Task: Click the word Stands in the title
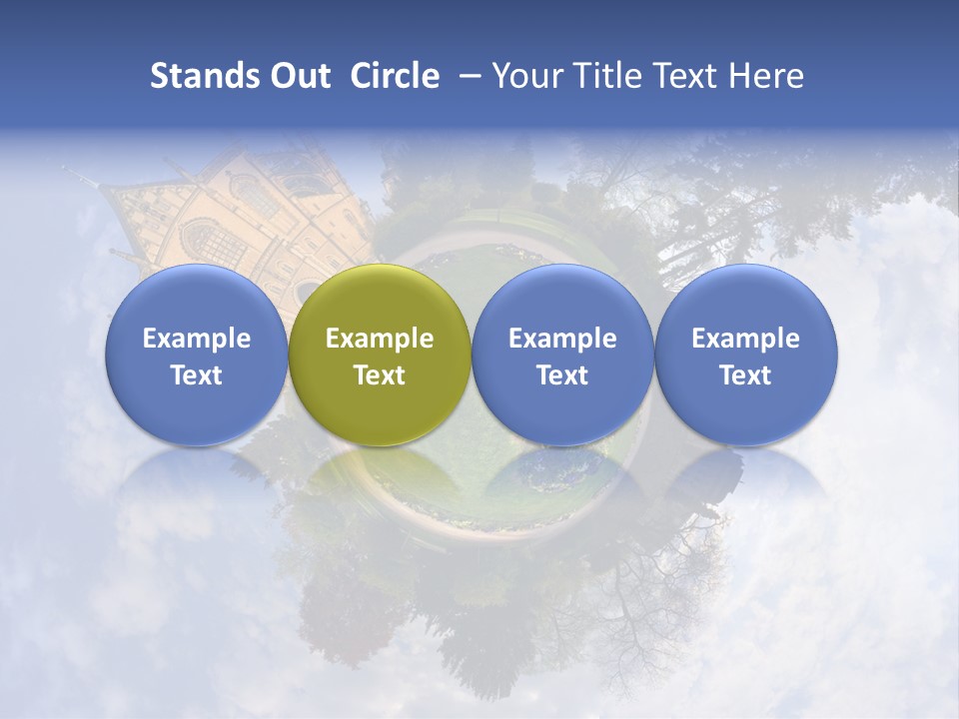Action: [x=203, y=76]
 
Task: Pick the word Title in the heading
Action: [x=603, y=76]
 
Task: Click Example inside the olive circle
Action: [x=380, y=339]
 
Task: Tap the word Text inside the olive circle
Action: [x=380, y=375]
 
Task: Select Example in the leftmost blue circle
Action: [x=197, y=339]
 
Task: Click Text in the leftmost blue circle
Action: [x=197, y=375]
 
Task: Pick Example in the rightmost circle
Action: [x=746, y=339]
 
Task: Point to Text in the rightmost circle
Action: [x=746, y=375]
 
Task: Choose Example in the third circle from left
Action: [x=562, y=339]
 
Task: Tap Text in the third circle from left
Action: [x=562, y=375]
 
